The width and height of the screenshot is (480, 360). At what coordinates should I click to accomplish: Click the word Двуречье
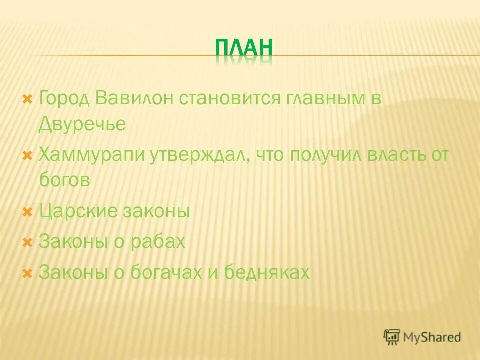[82, 125]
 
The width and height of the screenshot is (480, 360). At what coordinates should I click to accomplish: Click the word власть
[393, 155]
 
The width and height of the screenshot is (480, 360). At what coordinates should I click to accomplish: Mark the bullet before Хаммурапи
[28, 154]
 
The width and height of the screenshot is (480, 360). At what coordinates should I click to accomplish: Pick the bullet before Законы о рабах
[28, 242]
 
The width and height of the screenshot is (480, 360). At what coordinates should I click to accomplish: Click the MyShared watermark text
[433, 337]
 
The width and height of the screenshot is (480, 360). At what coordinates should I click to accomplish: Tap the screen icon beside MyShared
[392, 337]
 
